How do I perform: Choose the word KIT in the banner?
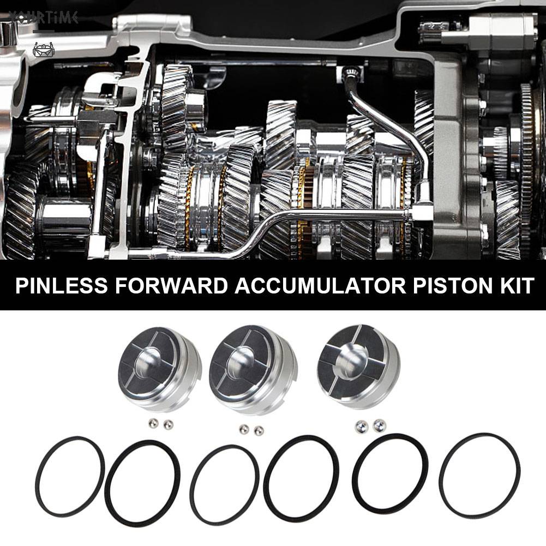click(x=515, y=286)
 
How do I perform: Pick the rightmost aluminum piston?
click(x=358, y=368)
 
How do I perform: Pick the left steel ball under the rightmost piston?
click(x=361, y=425)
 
